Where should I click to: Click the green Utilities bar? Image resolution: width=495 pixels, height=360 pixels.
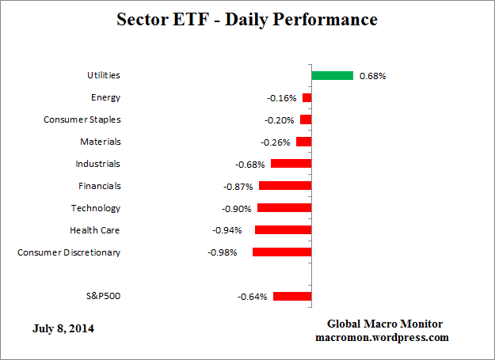332,76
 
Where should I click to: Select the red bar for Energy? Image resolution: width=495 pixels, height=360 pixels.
307,98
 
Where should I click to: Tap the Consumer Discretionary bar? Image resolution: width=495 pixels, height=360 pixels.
281,252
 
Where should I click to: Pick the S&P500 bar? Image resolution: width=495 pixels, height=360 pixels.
292,297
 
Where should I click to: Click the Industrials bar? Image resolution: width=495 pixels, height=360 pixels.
291,164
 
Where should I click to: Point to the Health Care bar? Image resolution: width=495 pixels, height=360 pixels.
283,230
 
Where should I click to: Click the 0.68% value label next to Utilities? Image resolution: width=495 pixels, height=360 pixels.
373,76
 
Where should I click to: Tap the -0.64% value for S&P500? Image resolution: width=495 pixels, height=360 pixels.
253,297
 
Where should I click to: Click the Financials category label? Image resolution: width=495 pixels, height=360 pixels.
99,186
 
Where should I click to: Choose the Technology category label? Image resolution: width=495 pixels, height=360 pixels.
96,208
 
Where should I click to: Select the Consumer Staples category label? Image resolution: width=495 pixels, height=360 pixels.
82,119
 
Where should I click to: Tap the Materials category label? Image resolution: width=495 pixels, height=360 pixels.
100,142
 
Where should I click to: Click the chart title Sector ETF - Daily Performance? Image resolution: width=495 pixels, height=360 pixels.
247,18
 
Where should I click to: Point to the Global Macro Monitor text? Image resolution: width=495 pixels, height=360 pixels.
385,324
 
